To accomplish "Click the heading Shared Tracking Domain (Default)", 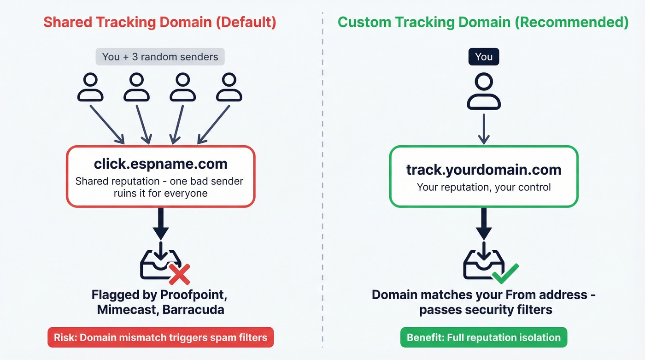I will click(x=160, y=23).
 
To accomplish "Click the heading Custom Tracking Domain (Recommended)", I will click(x=483, y=23).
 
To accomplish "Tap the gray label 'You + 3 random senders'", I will click(x=160, y=57).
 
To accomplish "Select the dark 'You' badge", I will click(x=483, y=57).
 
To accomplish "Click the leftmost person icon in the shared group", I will click(x=90, y=88).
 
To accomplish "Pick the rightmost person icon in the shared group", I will click(x=229, y=88).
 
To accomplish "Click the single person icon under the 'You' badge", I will click(x=483, y=92).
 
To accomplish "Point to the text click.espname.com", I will click(x=160, y=164).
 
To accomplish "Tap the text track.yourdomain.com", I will click(x=483, y=170).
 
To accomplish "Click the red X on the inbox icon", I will click(x=179, y=274).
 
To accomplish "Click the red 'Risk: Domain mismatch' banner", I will click(x=160, y=337).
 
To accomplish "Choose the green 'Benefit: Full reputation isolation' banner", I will click(x=483, y=337).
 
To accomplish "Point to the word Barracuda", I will click(x=193, y=309).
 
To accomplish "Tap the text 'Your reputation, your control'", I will click(x=483, y=187).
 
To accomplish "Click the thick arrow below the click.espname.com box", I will click(x=160, y=224).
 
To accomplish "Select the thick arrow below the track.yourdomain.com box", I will click(x=483, y=224).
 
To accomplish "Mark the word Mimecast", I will click(x=127, y=309).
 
